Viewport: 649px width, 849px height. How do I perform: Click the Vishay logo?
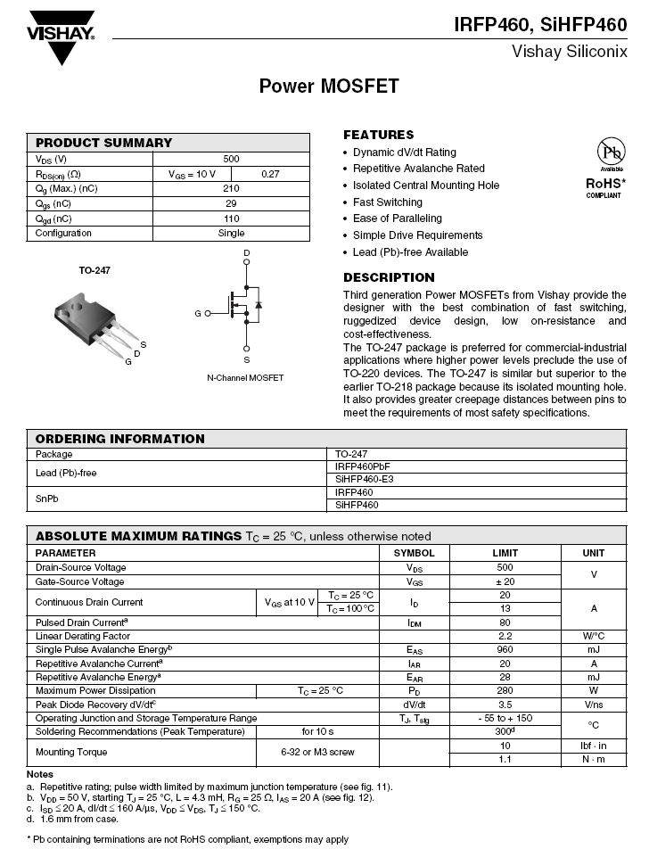(x=61, y=37)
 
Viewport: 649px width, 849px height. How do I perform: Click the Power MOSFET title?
(x=329, y=87)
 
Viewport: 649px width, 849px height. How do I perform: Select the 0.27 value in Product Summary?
(x=270, y=174)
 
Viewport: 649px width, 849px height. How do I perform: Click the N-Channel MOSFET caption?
(x=245, y=378)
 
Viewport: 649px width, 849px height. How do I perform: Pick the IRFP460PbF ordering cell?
(x=362, y=466)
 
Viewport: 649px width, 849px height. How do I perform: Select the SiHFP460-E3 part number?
(x=363, y=480)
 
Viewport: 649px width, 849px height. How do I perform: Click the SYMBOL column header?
(x=414, y=553)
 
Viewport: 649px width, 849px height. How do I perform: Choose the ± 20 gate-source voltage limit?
(x=505, y=581)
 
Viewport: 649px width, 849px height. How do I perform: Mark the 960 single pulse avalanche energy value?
(x=505, y=650)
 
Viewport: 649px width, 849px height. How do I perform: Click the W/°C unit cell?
(x=594, y=636)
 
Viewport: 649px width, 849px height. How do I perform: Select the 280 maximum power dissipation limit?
(x=505, y=690)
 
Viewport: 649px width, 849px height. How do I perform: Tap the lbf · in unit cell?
(x=594, y=745)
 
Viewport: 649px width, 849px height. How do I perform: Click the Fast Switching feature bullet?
(x=387, y=202)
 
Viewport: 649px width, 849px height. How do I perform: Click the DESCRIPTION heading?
(x=389, y=277)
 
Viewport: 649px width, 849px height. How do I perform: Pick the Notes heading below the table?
(x=40, y=774)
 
